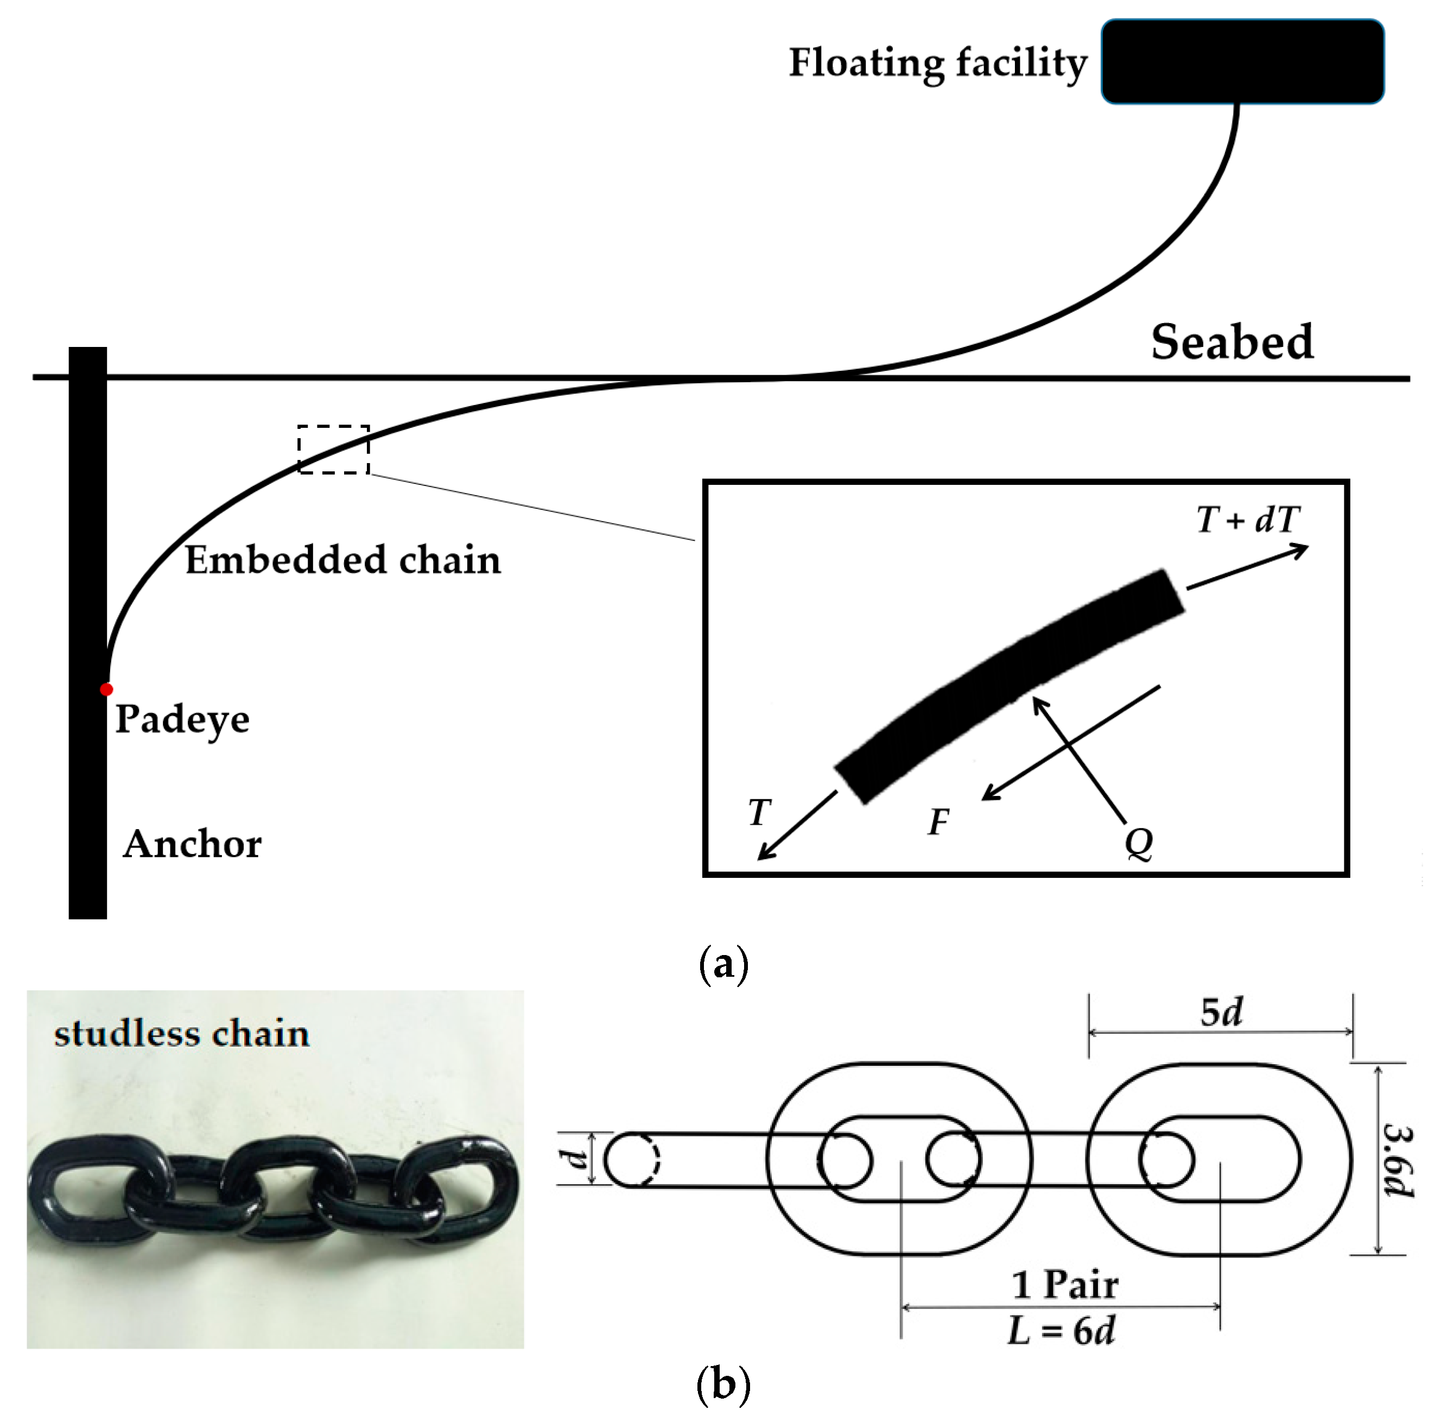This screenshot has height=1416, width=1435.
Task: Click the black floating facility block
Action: (1242, 61)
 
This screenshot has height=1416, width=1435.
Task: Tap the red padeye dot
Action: (106, 690)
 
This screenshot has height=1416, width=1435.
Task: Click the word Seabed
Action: (1231, 343)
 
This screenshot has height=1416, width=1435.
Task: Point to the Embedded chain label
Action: (342, 560)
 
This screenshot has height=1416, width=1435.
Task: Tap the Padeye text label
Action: (182, 719)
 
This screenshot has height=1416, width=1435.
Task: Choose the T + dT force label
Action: (1248, 519)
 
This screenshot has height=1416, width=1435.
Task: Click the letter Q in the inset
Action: (1138, 843)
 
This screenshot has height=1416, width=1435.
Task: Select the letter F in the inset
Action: (938, 823)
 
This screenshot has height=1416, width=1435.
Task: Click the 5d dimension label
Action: (1221, 1012)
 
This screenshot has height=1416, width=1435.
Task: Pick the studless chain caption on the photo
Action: (182, 1034)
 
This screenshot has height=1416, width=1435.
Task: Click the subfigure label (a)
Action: (723, 964)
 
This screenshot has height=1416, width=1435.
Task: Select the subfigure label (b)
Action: (723, 1385)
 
